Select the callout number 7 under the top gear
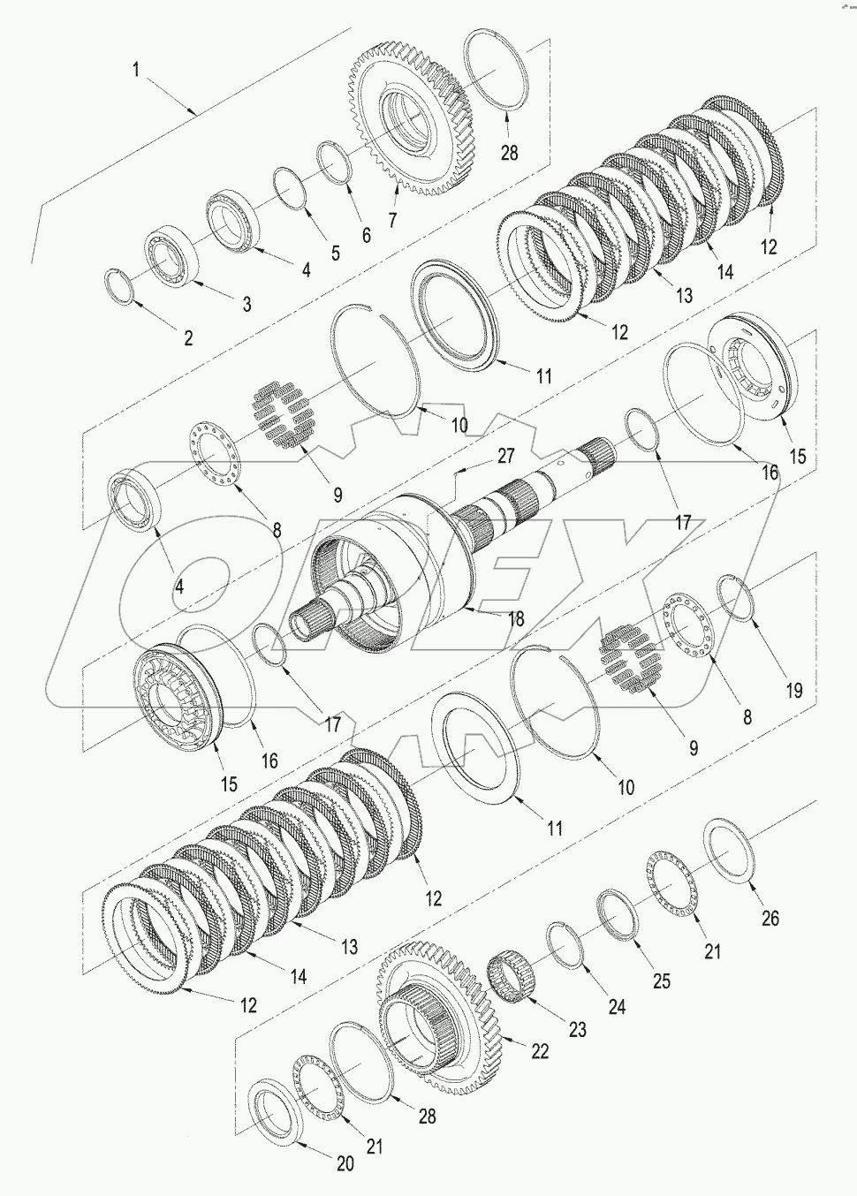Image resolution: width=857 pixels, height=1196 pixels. tap(391, 218)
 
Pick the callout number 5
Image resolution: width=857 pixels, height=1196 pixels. tap(335, 254)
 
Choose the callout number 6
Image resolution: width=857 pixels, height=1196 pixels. tap(366, 236)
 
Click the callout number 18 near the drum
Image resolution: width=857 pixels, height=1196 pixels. tap(513, 619)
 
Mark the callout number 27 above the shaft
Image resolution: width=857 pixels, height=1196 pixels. tap(505, 456)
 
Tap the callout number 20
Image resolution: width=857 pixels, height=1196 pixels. tap(344, 1164)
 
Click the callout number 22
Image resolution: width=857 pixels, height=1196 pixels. tap(539, 1051)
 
